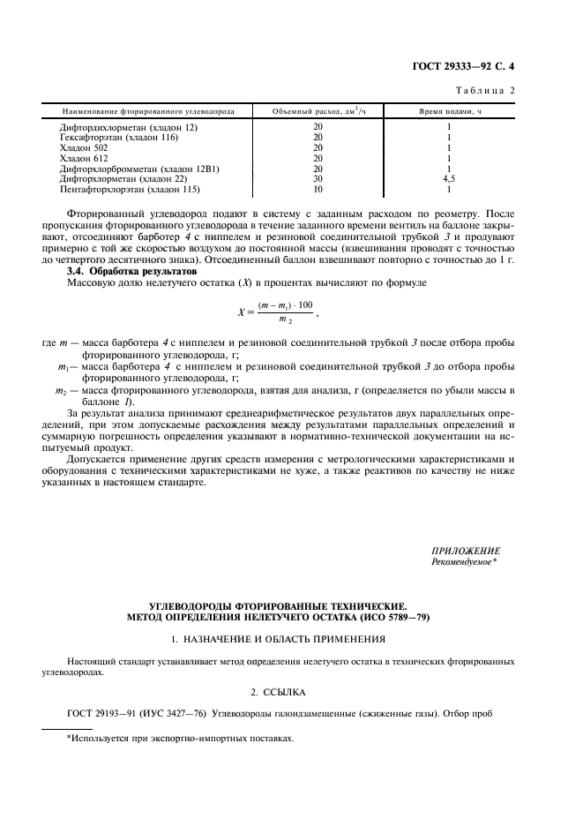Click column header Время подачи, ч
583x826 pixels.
[x=449, y=111]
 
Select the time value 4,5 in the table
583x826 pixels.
[x=449, y=179]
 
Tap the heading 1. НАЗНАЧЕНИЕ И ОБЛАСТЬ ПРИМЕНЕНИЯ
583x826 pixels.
[x=291, y=637]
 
